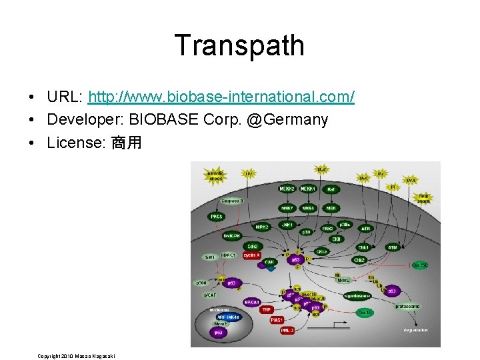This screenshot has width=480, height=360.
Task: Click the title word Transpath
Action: tap(239, 45)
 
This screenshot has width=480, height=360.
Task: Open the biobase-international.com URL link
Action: tap(221, 97)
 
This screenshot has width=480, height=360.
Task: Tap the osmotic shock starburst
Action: tap(217, 176)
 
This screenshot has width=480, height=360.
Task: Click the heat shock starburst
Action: tap(424, 199)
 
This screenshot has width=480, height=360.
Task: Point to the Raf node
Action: tap(331, 189)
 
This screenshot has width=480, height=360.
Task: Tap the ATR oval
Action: tap(365, 228)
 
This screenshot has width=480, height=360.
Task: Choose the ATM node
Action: tap(393, 247)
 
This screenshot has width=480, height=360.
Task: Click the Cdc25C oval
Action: tap(421, 265)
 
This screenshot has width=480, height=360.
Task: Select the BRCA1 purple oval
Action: tap(251, 302)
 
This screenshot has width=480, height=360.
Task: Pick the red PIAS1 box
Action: tap(277, 320)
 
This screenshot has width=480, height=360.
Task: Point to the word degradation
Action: tap(415, 330)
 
